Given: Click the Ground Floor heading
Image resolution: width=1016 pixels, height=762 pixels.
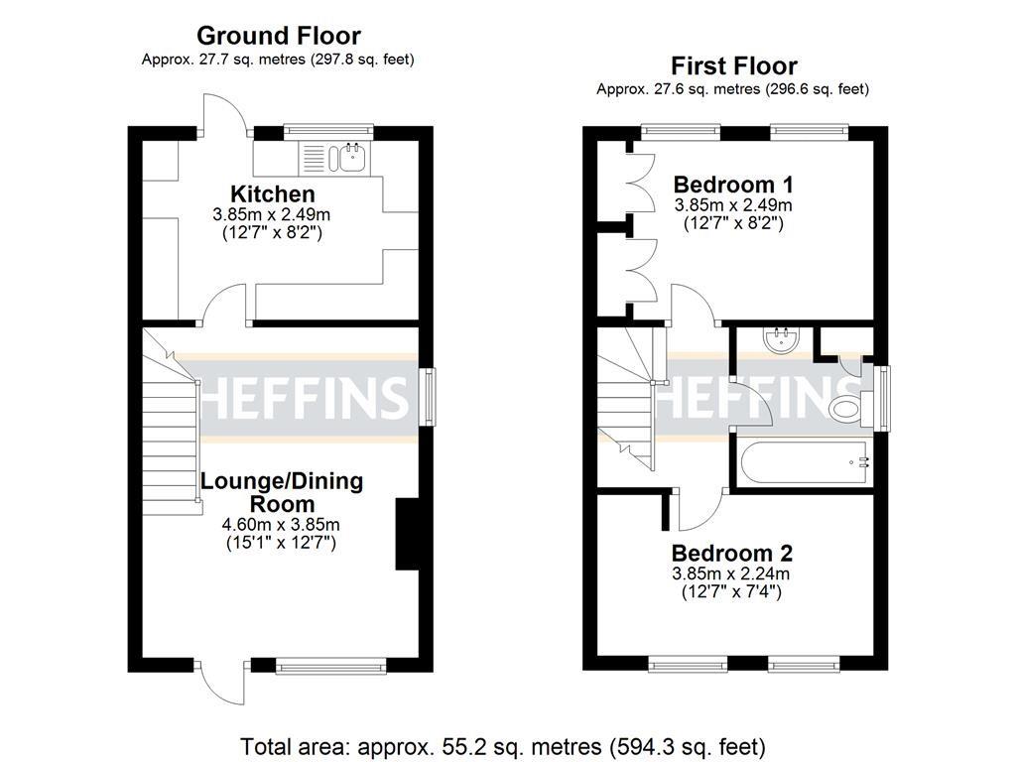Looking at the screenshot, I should [277, 37].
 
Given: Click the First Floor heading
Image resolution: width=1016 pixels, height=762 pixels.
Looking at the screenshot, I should [733, 66].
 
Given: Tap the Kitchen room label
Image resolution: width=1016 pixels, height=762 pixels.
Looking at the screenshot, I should [273, 193].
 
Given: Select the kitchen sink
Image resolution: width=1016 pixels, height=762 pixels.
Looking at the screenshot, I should [350, 155].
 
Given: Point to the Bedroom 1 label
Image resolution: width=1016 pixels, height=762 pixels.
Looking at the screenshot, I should [733, 185].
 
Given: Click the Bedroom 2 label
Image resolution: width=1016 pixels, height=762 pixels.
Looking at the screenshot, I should [732, 553].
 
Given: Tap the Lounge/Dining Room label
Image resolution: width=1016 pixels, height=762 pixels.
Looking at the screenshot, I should [282, 492].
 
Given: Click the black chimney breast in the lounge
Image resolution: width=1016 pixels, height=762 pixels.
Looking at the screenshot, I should [407, 534].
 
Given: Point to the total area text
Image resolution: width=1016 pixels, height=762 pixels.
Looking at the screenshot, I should [503, 744].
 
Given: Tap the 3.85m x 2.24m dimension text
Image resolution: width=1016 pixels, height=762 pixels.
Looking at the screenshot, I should [732, 573].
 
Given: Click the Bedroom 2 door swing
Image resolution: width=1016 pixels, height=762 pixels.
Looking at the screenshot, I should [700, 510].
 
